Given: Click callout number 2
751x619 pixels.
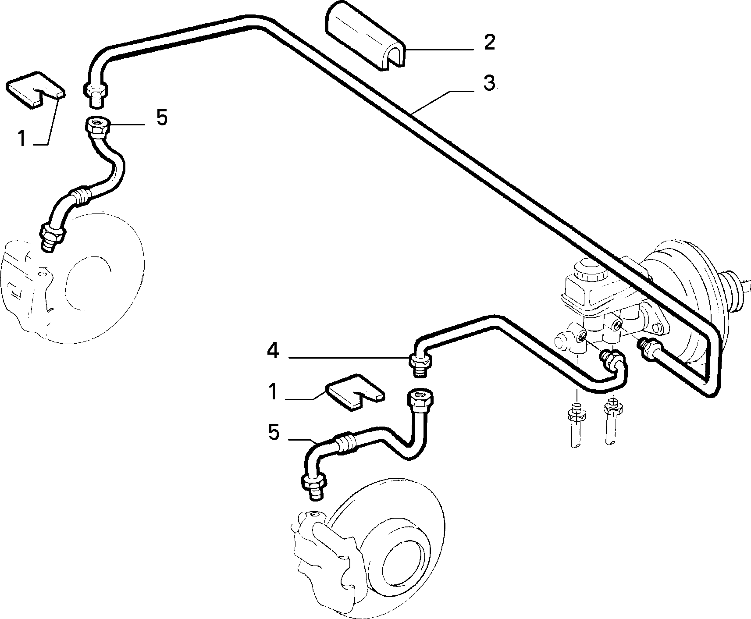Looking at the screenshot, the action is click(x=489, y=43).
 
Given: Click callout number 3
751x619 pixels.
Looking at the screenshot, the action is click(x=489, y=83).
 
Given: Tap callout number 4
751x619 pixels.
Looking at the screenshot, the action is click(x=273, y=351).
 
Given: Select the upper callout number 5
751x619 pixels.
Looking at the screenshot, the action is click(x=162, y=118).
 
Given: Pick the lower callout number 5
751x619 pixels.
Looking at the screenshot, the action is click(x=273, y=433).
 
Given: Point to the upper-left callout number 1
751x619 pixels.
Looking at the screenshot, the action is click(x=22, y=139).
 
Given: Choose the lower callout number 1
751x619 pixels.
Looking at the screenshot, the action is click(x=274, y=392).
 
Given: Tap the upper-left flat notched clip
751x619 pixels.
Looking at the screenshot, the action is click(x=36, y=89).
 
